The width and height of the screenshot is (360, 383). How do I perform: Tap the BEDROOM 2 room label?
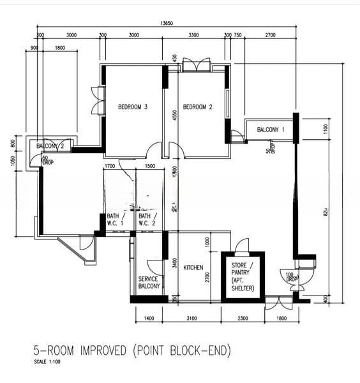click(197, 107)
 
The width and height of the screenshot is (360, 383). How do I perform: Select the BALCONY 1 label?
click(271, 130)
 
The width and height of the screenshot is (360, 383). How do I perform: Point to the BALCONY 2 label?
click(50, 146)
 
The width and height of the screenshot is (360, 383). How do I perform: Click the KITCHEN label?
click(193, 267)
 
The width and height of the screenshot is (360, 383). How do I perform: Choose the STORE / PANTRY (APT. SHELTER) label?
click(243, 276)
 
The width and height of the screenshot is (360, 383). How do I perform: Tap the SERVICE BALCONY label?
click(148, 283)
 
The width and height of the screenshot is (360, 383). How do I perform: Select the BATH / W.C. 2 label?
click(146, 220)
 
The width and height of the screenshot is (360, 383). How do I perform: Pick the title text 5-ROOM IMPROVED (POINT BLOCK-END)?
click(131, 350)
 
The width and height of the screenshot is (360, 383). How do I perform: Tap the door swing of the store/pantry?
click(241, 246)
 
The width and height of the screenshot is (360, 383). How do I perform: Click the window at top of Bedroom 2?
click(195, 65)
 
